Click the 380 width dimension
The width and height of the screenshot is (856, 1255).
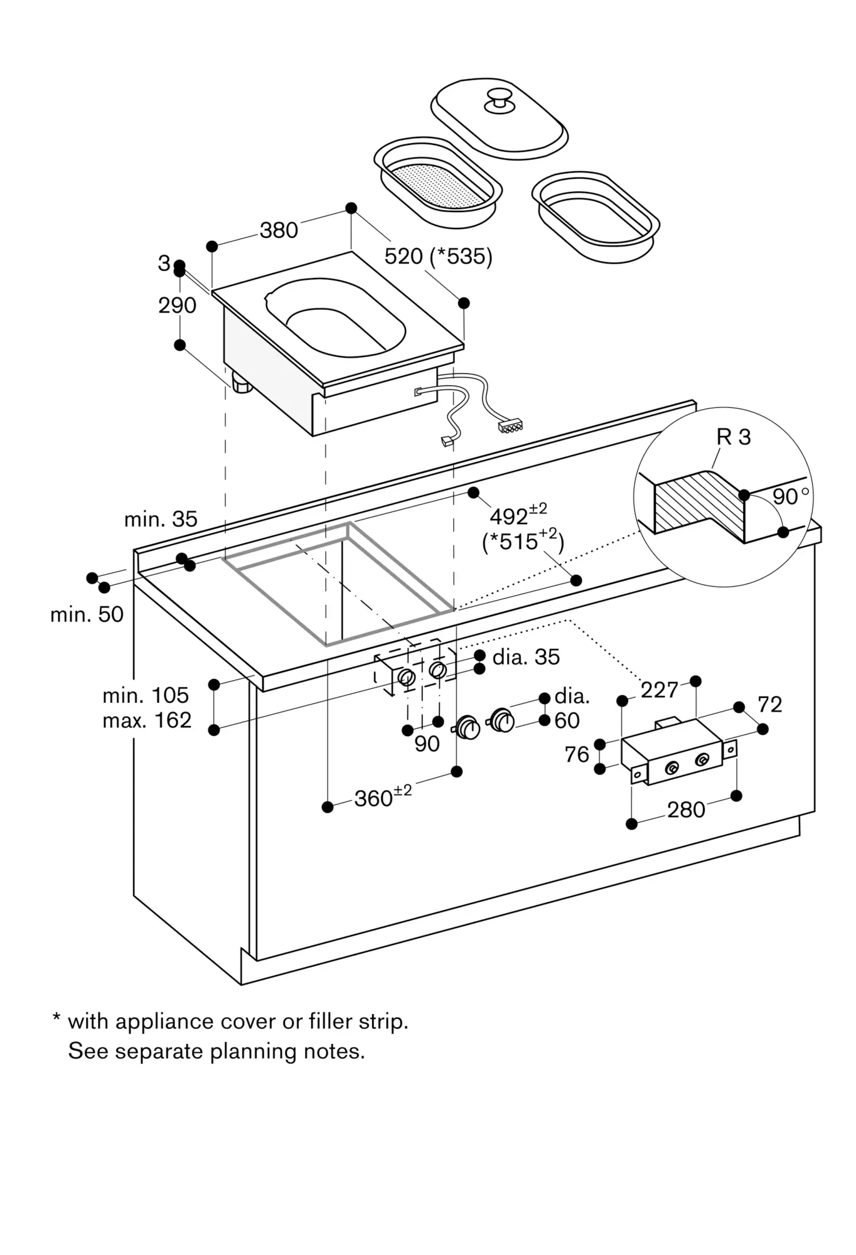pyautogui.click(x=279, y=230)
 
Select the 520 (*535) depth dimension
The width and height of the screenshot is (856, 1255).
pyautogui.click(x=438, y=256)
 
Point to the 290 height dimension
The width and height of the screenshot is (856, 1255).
pyautogui.click(x=177, y=306)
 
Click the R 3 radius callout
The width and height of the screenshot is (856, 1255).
pyautogui.click(x=733, y=437)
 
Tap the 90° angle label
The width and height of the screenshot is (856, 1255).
pyautogui.click(x=789, y=496)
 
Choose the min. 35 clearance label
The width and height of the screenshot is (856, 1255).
pyautogui.click(x=161, y=519)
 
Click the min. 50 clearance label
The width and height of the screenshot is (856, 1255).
pyautogui.click(x=87, y=614)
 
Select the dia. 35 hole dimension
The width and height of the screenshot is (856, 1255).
pyautogui.click(x=526, y=657)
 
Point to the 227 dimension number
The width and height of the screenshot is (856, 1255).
pyautogui.click(x=659, y=690)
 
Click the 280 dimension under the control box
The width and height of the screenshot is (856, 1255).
pyautogui.click(x=686, y=809)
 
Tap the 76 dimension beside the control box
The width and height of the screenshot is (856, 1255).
pyautogui.click(x=577, y=754)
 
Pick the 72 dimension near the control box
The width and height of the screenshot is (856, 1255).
pyautogui.click(x=769, y=705)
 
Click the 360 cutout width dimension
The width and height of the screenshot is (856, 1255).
pyautogui.click(x=382, y=798)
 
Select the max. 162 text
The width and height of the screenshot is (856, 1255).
pyautogui.click(x=147, y=720)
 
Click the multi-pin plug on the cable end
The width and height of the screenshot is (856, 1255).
pyautogui.click(x=509, y=427)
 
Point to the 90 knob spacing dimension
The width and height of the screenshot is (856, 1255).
pyautogui.click(x=426, y=744)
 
